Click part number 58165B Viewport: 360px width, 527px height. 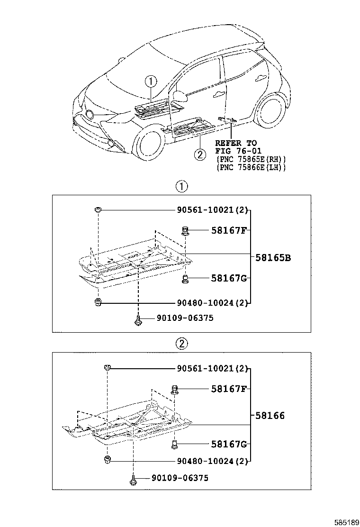[273, 258]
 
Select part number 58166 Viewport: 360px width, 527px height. [270, 416]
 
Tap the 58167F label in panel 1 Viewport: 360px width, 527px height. [229, 231]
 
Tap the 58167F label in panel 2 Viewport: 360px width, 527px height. [229, 389]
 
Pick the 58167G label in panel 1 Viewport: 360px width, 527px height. [229, 278]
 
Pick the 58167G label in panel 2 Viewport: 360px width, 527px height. [229, 444]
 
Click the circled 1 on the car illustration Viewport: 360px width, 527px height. [151, 82]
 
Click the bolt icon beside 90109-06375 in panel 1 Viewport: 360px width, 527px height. [137, 320]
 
